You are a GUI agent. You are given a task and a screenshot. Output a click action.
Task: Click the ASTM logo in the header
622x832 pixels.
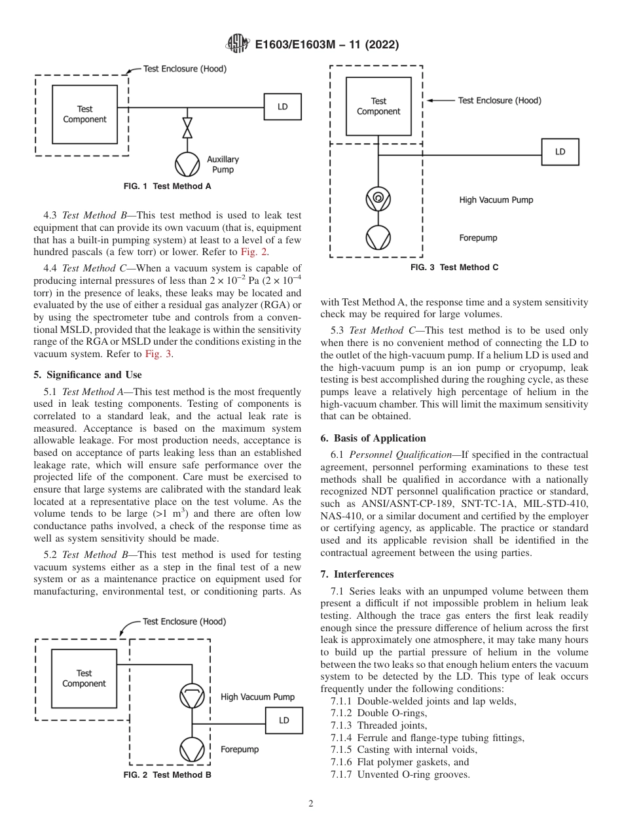point(237,44)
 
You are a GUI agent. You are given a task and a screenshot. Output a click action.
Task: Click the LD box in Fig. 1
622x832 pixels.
point(282,107)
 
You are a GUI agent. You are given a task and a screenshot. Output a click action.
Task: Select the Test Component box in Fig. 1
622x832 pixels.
point(84,114)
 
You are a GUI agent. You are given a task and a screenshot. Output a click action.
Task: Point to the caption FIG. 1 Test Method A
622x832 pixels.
point(167,186)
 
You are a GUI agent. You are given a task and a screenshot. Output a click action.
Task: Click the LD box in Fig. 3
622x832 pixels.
point(560,152)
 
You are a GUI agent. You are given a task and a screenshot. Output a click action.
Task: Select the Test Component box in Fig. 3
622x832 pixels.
point(378,106)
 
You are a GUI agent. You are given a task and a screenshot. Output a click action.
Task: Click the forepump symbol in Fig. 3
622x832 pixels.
point(378,237)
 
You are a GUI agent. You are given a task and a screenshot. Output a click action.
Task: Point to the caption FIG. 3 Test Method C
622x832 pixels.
point(454,268)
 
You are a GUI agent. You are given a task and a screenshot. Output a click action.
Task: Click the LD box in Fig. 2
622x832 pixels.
point(284,720)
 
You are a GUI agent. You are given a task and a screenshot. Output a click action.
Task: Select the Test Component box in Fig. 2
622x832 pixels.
point(84,678)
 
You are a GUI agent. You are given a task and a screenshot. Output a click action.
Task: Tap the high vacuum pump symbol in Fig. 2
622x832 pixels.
point(192,696)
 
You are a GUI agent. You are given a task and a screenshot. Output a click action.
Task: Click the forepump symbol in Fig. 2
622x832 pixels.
point(192,749)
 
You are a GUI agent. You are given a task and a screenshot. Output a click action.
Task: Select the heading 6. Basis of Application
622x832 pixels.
point(373,438)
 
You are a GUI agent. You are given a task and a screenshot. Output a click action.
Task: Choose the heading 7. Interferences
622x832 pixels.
point(357,574)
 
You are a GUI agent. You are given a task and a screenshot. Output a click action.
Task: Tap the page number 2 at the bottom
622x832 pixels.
point(311,804)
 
